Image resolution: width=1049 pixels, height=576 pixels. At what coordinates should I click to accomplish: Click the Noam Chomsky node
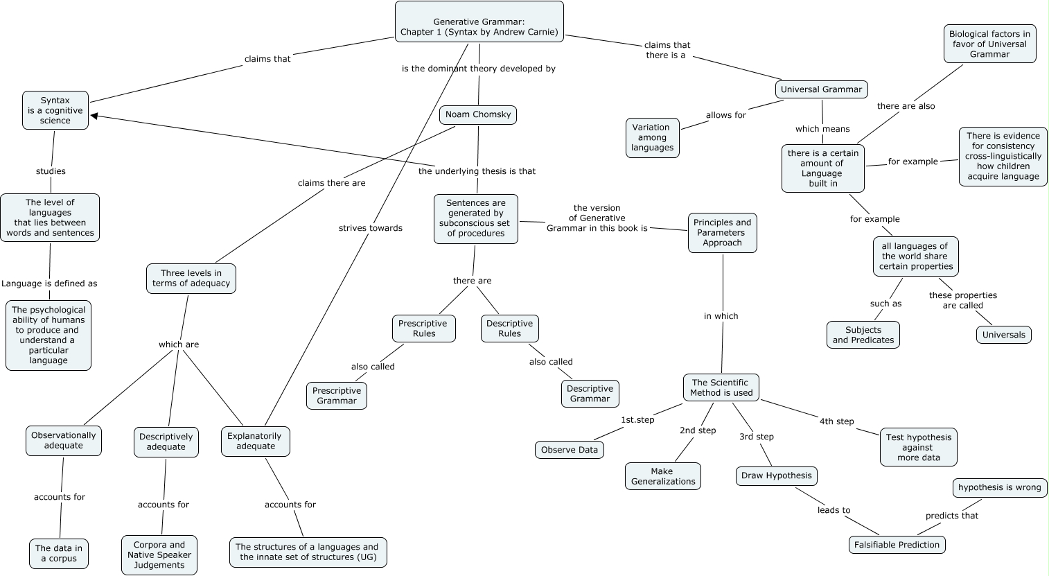pos(478,114)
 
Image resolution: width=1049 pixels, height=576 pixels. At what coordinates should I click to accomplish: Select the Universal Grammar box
pos(821,89)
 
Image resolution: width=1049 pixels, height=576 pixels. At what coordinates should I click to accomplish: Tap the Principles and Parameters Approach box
pos(722,233)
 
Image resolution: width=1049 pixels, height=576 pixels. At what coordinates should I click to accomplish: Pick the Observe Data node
pos(569,450)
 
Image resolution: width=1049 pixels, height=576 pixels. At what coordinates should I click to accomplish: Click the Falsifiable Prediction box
pos(897,545)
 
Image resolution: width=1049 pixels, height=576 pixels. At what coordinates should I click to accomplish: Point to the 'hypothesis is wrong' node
pos(999,488)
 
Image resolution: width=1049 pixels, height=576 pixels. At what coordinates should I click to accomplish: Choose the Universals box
pos(1003,335)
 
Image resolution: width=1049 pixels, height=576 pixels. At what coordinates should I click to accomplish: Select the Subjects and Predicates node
pos(863,335)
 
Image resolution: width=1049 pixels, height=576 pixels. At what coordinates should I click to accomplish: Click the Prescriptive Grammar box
pos(336,396)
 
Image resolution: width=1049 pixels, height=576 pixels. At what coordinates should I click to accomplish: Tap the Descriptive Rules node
pos(509,329)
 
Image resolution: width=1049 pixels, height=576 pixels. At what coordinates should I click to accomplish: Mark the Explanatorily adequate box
pos(256,442)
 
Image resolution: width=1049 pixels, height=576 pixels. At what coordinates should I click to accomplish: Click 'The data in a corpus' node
pos(59,553)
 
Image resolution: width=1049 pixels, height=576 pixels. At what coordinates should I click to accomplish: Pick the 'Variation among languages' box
pos(652,137)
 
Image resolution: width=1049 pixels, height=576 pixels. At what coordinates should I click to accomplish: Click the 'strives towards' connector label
pos(371,228)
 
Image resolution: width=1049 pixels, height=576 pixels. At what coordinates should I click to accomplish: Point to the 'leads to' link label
pos(834,510)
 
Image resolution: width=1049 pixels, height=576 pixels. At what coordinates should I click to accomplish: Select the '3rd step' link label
pos(756,437)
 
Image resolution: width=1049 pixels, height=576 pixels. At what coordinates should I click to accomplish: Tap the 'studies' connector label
pos(51,171)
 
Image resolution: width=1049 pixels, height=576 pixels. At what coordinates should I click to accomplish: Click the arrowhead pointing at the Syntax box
pos(94,116)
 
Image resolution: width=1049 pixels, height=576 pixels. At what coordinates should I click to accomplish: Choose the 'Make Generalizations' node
pos(663,476)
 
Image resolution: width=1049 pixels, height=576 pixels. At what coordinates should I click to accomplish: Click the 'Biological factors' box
pos(989,44)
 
